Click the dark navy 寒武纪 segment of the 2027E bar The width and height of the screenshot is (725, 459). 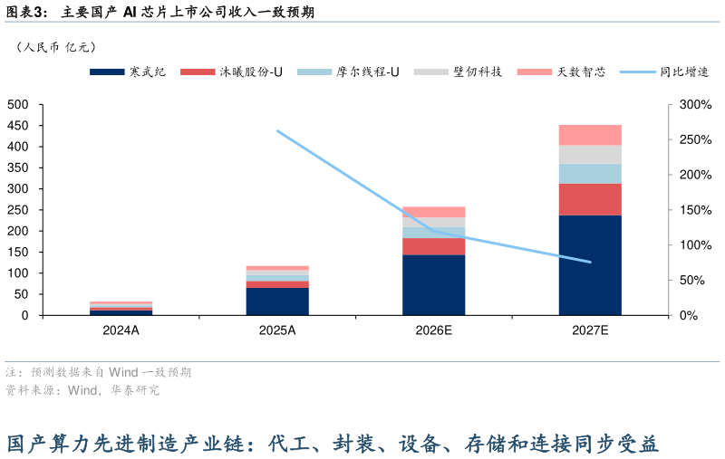coord(590,264)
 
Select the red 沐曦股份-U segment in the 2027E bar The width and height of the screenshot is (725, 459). coord(590,199)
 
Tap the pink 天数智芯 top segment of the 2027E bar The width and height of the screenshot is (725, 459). coord(590,135)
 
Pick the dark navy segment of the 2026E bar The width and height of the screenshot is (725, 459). coord(433,284)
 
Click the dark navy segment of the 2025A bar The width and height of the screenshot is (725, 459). coord(277,301)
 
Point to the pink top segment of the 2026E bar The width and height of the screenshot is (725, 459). coord(433,212)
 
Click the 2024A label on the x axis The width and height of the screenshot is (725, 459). coord(121,330)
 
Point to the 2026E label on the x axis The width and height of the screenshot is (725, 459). coord(433,330)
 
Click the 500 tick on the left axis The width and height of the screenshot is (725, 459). coord(18,105)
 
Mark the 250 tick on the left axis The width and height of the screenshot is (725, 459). coord(18,210)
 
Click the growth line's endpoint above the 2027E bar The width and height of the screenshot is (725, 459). coord(590,262)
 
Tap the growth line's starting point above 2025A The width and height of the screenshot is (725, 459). coord(277,131)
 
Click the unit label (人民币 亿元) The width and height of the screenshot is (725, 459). coord(56,47)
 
